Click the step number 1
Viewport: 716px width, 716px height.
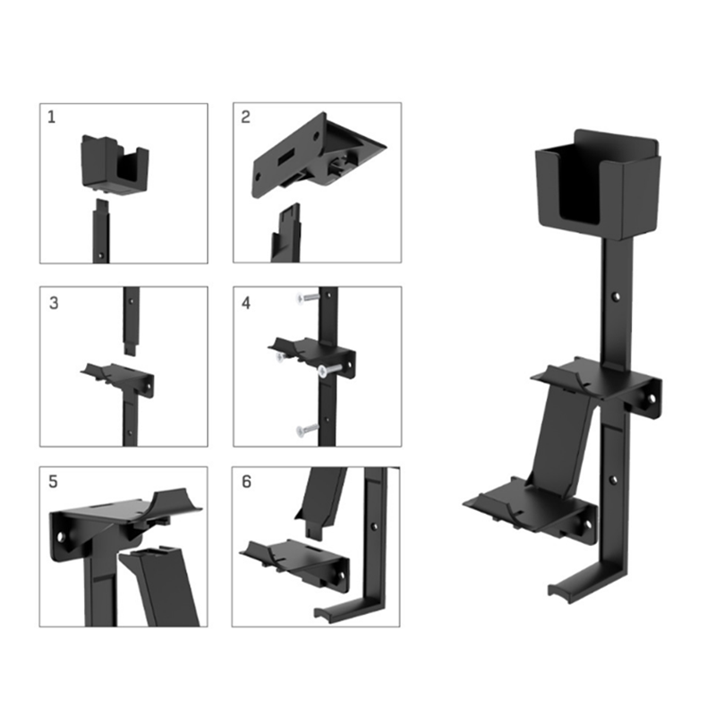tap(51, 117)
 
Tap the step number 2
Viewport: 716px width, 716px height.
tap(245, 117)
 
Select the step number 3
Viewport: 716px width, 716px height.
tap(54, 303)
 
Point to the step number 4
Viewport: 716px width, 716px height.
tap(246, 303)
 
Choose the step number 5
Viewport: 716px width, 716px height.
tap(54, 482)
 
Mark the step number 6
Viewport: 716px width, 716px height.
tap(247, 482)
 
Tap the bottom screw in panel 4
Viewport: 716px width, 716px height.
tap(307, 430)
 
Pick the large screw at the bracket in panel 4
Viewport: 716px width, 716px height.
tap(330, 370)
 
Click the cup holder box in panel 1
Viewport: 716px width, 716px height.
tap(115, 164)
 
